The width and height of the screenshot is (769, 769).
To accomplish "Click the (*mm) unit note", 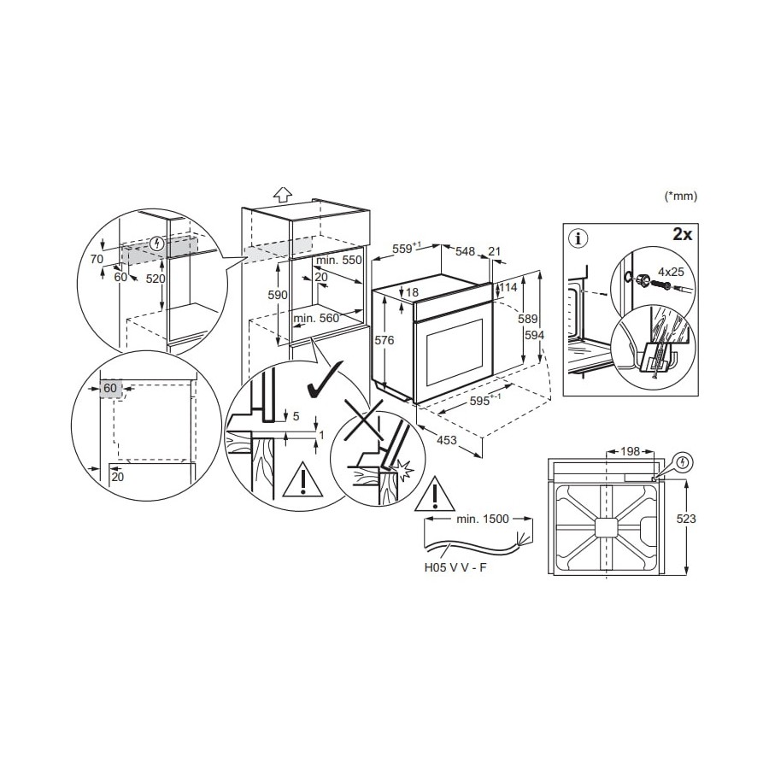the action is click(680, 197).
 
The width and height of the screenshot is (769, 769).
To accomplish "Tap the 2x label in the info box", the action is click(682, 234).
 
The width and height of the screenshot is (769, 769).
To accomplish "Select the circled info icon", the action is click(578, 239).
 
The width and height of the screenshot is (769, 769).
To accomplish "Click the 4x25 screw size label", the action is click(671, 271).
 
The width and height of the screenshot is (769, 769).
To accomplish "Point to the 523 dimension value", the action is click(685, 519).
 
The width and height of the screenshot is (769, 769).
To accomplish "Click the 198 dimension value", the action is click(630, 450).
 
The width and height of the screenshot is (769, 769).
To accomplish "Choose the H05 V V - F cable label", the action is click(455, 568).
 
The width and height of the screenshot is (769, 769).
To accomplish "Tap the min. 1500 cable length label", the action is click(483, 519).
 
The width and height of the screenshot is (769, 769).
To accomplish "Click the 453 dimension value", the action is click(447, 440).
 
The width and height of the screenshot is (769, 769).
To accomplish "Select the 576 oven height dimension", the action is click(384, 340).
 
